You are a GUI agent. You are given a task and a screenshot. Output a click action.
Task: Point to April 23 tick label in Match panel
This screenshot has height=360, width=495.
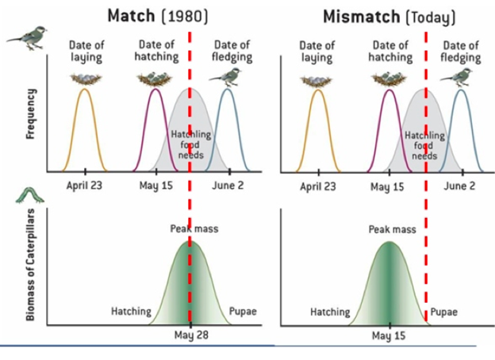[84, 186]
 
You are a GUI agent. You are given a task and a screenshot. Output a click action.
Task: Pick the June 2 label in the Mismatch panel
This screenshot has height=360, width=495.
[461, 186]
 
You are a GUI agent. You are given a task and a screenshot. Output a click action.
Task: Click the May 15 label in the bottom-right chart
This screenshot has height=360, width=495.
[389, 336]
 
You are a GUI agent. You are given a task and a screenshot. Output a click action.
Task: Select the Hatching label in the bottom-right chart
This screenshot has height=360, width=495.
[329, 312]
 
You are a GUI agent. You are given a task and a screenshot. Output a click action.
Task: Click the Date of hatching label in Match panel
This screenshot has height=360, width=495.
[157, 51]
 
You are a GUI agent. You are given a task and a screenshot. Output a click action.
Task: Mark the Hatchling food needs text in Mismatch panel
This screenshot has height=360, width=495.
[425, 146]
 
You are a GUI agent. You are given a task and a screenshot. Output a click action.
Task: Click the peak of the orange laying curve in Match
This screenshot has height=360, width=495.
[84, 89]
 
